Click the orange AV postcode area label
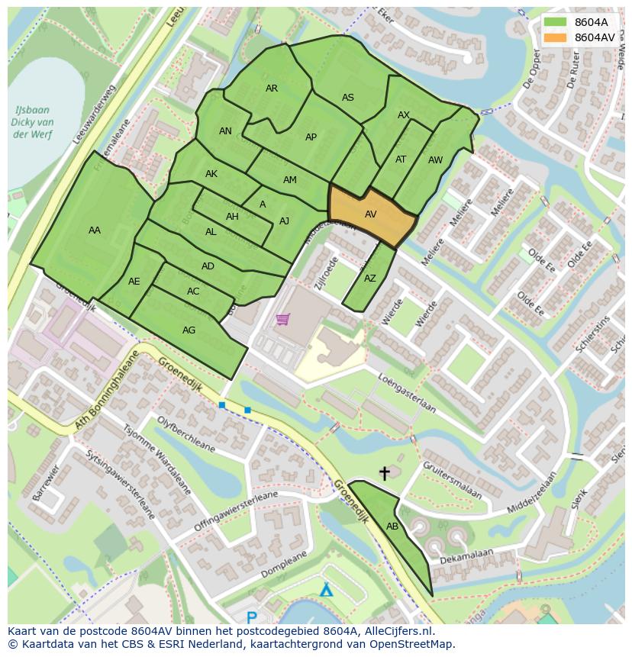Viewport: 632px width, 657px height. point(370,214)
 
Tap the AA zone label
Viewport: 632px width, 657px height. point(94,230)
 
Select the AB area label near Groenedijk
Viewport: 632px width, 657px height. point(392,527)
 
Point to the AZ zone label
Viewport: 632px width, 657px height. point(370,279)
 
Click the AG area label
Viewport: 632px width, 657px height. point(189,330)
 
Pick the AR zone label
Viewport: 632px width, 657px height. point(272,89)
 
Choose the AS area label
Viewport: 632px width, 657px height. point(348,98)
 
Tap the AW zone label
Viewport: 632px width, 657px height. point(435,160)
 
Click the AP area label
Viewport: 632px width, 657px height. point(311,137)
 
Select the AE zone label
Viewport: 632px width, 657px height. point(134,282)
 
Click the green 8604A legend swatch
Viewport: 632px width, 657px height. point(556,22)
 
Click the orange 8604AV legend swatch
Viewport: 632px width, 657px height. point(556,37)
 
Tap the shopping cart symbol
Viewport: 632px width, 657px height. point(282,319)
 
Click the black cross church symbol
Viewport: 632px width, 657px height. point(384,474)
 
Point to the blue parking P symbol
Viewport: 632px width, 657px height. point(252,617)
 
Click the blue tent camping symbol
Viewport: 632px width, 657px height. point(326,589)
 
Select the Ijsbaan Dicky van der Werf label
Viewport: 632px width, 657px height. point(33,122)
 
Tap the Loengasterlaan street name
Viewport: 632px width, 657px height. point(408,392)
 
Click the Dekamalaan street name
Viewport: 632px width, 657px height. point(467,556)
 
